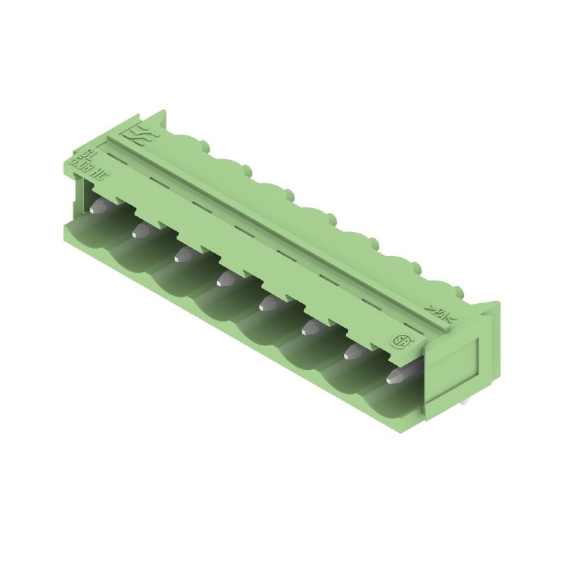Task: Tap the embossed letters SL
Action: [x=87, y=154]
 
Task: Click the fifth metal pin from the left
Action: [x=269, y=302]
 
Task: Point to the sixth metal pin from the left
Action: [x=311, y=326]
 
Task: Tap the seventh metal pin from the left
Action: [x=352, y=352]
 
